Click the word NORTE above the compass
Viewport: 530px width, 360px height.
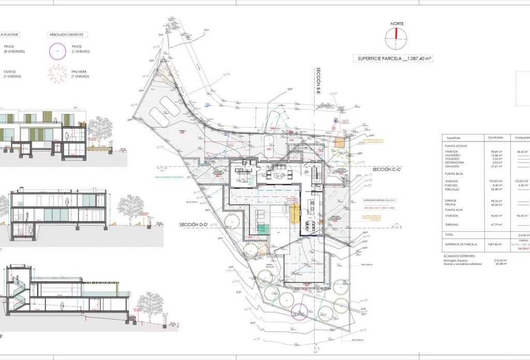pos(397,24)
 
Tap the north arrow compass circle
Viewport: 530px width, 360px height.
pos(396,37)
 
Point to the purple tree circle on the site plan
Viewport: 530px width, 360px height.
pos(299,312)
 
